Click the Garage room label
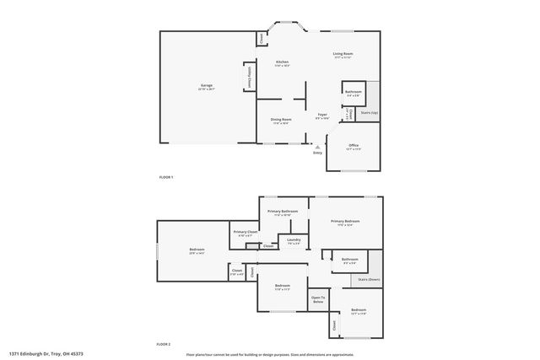click(x=206, y=86)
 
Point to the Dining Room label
click(x=281, y=120)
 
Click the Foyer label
click(x=322, y=116)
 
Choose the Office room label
click(x=354, y=146)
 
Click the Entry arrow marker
click(x=317, y=145)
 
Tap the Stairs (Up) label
click(x=369, y=111)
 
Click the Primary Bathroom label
click(x=283, y=212)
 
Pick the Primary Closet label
click(x=246, y=233)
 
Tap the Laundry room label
click(x=294, y=241)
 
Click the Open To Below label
click(x=318, y=299)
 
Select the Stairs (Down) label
click(x=369, y=279)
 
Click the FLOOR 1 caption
click(x=165, y=177)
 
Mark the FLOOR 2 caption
click(x=164, y=345)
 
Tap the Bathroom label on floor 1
click(x=353, y=92)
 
